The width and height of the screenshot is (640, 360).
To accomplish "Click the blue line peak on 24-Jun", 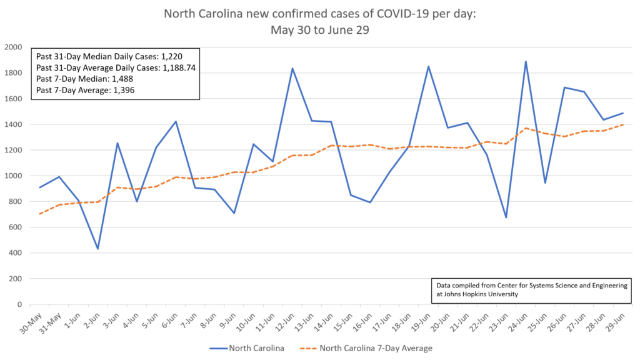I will coord(526,61).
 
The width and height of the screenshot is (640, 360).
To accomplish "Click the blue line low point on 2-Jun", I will coord(97,249).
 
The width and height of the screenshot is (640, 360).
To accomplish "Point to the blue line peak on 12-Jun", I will coord(292,68).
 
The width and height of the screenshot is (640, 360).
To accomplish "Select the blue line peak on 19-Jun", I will coord(428,66).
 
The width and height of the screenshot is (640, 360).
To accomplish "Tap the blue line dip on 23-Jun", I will coord(506,217).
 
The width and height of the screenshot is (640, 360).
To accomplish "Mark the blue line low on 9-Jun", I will coord(234,213).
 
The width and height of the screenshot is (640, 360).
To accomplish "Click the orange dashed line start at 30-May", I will coord(40,214).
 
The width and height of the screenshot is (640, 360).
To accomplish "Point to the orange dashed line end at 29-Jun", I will coord(622,124).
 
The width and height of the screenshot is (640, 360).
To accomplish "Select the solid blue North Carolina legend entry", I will coord(250,348).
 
